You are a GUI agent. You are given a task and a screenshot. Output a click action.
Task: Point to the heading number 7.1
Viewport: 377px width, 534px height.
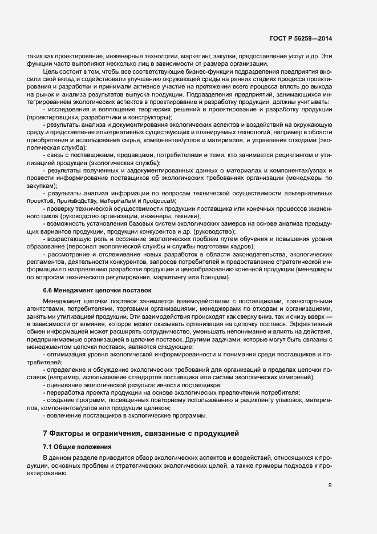tap(48, 447)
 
